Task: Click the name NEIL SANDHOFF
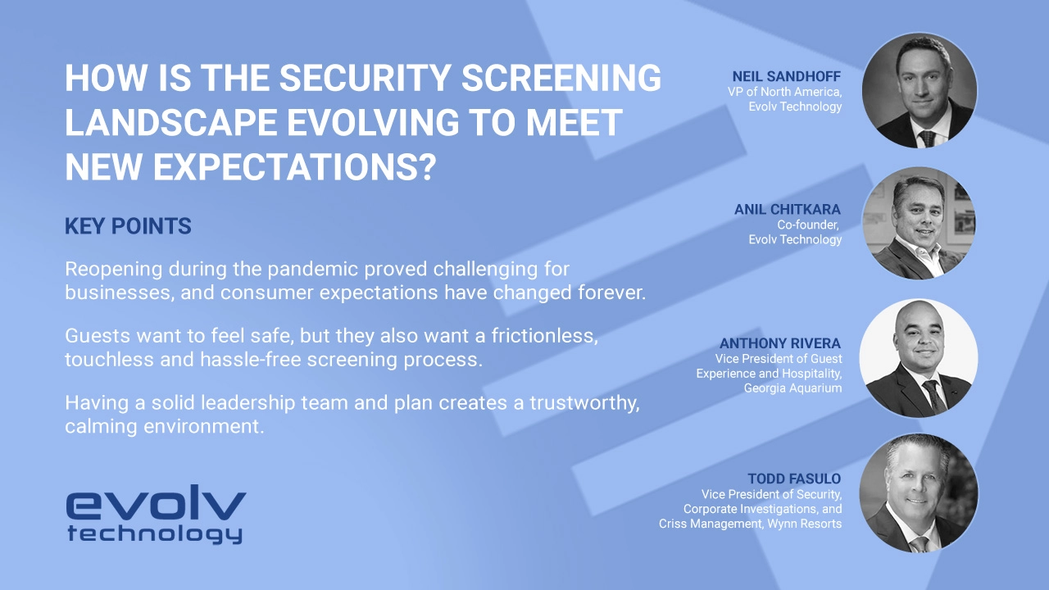(x=787, y=76)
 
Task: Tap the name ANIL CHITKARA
(x=787, y=210)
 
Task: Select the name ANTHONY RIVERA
(x=780, y=343)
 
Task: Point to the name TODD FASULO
(x=794, y=479)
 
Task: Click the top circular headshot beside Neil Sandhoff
(x=920, y=91)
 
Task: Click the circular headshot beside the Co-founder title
(x=920, y=224)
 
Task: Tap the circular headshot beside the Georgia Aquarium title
(x=921, y=358)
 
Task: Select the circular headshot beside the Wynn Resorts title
(x=918, y=492)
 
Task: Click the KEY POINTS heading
(x=128, y=227)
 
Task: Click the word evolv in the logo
(x=156, y=506)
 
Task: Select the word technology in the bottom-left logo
(x=155, y=535)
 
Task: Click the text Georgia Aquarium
(x=792, y=388)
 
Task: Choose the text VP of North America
(x=784, y=92)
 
